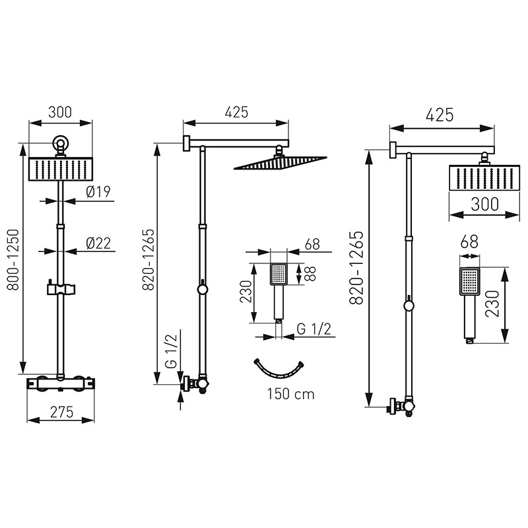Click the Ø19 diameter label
click(98, 192)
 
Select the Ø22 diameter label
click(98, 243)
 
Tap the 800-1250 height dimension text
click(14, 259)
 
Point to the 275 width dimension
click(61, 412)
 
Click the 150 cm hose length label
click(291, 393)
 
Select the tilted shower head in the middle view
click(280, 162)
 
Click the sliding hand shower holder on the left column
click(61, 288)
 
